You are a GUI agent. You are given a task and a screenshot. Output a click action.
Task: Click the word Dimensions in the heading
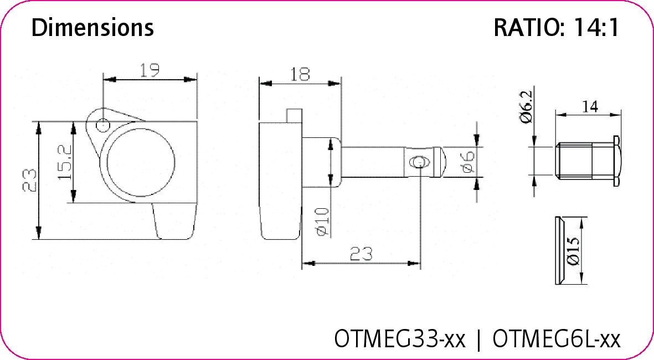click(92, 27)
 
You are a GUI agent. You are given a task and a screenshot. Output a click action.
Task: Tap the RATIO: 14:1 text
click(556, 28)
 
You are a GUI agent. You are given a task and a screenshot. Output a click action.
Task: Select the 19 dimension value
click(150, 70)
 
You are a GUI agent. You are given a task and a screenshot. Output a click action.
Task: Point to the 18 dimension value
click(300, 74)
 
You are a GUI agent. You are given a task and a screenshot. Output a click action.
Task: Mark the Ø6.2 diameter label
click(526, 106)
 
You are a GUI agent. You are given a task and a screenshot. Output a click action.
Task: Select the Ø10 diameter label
click(323, 221)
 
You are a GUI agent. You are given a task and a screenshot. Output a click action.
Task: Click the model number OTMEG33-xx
click(400, 338)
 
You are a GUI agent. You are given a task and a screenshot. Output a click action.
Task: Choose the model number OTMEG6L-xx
click(556, 338)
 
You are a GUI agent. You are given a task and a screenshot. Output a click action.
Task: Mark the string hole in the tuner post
click(418, 162)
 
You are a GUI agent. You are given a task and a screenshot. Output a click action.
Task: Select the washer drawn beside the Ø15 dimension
click(559, 250)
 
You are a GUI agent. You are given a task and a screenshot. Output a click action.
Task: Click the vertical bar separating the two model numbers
click(478, 339)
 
